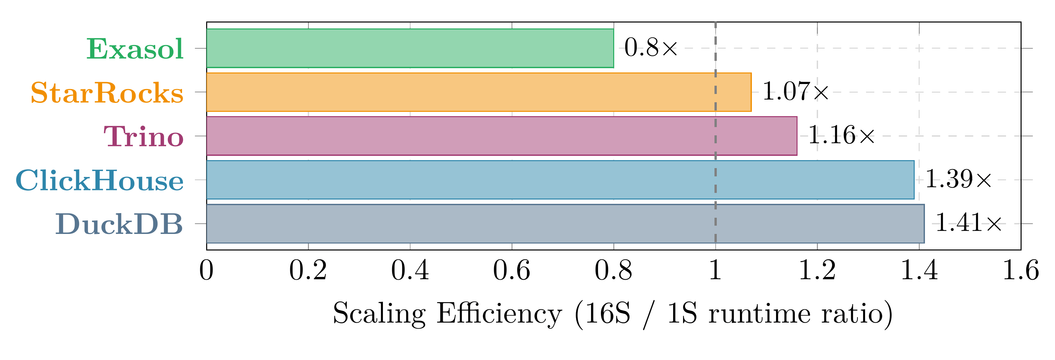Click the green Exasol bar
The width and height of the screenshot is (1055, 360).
pos(410,48)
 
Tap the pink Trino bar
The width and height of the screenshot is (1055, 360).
pos(501,136)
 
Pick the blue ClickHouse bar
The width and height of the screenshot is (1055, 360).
pos(560,180)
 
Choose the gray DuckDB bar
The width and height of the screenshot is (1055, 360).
pos(565,224)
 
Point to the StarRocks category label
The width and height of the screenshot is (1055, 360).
pos(107,93)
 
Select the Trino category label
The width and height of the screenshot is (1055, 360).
pos(143,136)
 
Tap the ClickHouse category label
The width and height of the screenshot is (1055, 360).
pos(100,181)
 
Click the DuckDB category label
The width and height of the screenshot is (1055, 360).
pos(119,224)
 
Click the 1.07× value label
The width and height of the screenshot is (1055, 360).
pos(795,91)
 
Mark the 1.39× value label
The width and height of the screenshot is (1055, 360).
pos(958,179)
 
